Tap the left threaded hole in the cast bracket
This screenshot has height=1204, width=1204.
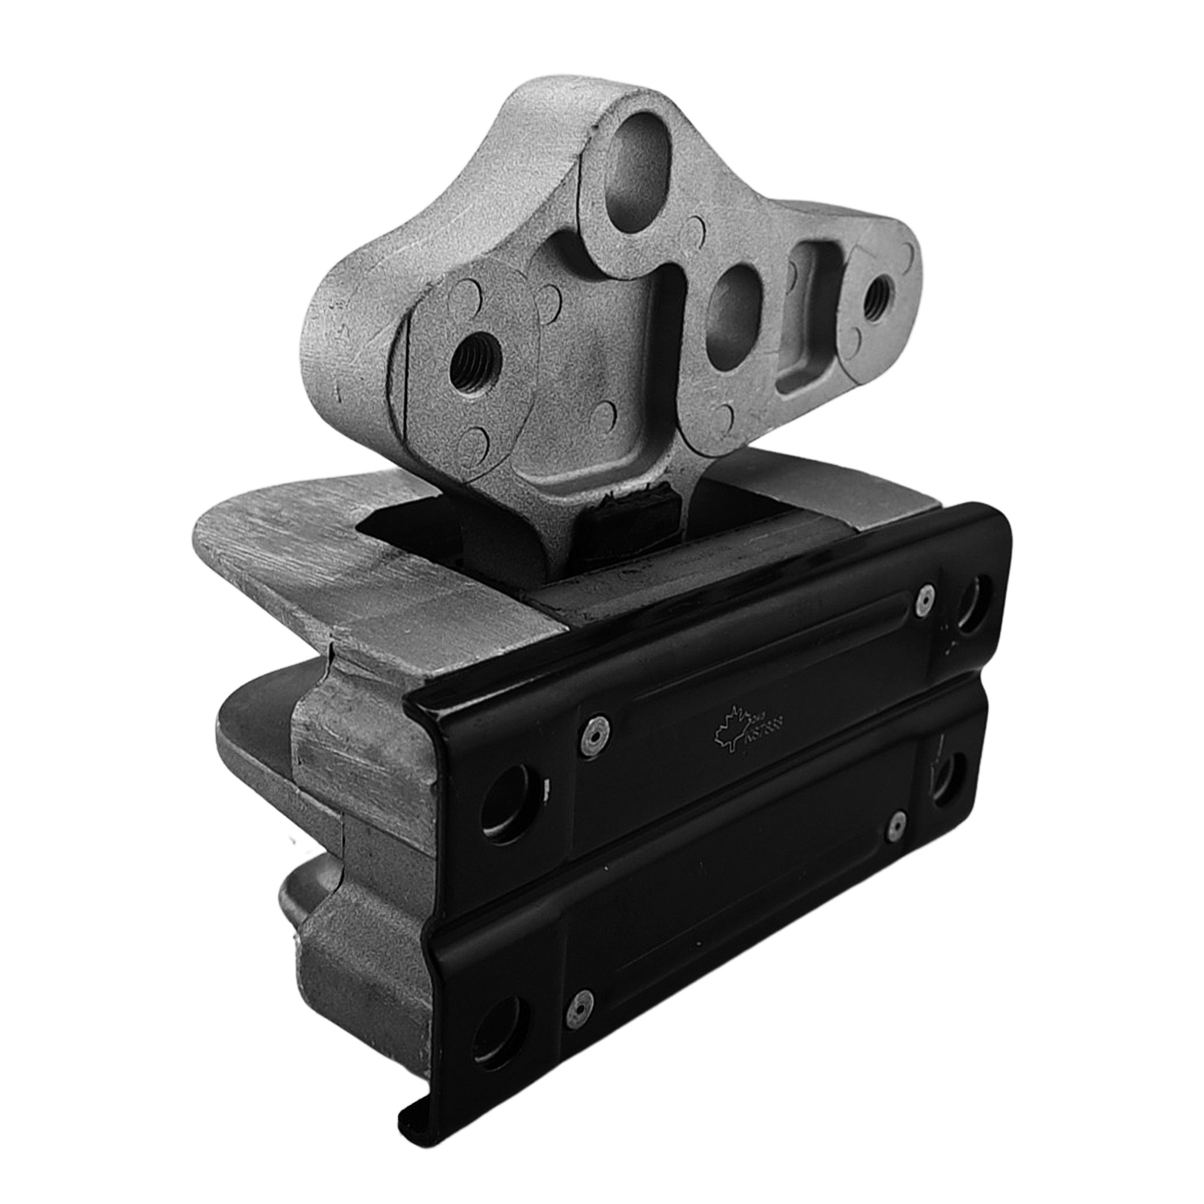(471, 366)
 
